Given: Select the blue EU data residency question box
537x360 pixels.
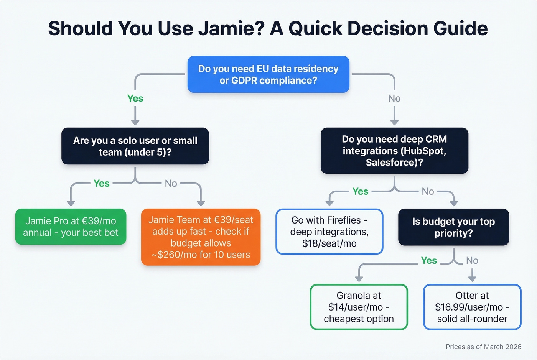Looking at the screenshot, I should click(x=268, y=74).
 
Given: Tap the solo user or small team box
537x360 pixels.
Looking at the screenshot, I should click(x=135, y=146).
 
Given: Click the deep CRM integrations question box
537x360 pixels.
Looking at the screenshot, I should click(x=394, y=151).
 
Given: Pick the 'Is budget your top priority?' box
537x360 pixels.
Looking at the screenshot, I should click(x=453, y=227).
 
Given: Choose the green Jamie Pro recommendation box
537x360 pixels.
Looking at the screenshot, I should click(x=71, y=227).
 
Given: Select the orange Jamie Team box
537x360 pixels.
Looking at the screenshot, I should click(x=201, y=237).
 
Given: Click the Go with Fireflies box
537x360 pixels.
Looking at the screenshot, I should click(x=329, y=232).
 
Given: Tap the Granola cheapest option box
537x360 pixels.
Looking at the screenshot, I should click(x=359, y=307).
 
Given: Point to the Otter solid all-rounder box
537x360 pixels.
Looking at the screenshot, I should click(x=472, y=307).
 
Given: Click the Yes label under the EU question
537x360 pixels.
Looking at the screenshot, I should click(x=135, y=99).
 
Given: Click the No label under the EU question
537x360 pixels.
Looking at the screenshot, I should click(x=394, y=99).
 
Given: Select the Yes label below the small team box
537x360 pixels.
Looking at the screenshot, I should click(x=101, y=184).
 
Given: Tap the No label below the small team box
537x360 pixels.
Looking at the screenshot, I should click(x=171, y=184).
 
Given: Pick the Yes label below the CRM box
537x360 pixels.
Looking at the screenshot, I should click(x=360, y=191).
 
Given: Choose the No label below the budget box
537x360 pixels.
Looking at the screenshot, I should click(x=472, y=261).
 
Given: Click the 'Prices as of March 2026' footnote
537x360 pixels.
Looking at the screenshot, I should click(x=483, y=347).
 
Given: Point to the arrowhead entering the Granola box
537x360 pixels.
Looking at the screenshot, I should click(x=359, y=278).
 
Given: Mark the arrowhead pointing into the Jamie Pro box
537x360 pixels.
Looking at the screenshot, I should click(x=71, y=203).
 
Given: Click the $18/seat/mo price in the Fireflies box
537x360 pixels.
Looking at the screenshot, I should click(x=329, y=243).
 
